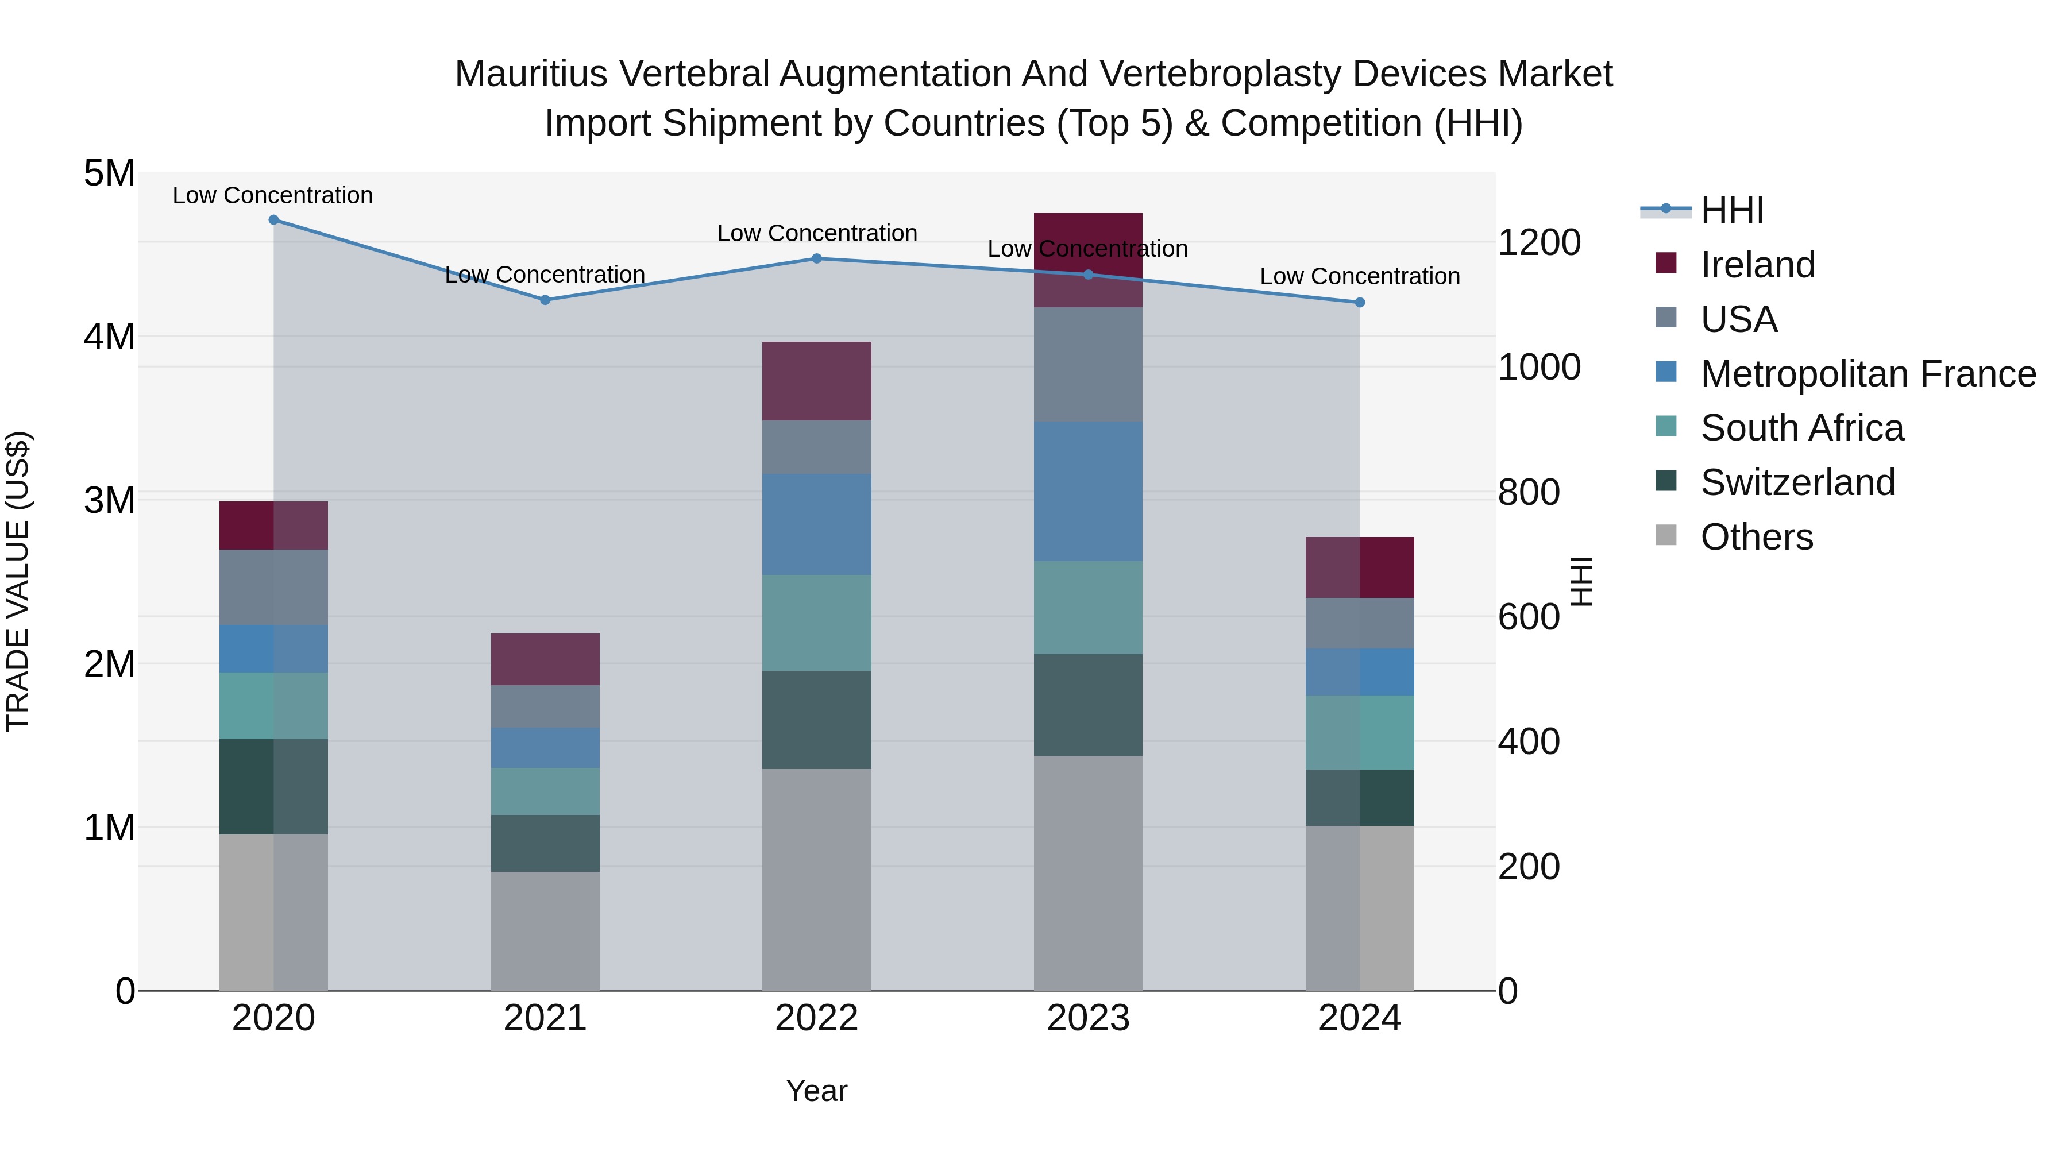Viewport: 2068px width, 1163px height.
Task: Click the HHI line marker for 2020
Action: tap(274, 220)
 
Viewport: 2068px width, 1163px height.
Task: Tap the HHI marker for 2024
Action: tap(1359, 303)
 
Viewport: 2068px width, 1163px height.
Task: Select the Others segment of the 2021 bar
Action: tap(545, 930)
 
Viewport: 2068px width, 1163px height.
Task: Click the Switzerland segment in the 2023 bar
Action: tap(1088, 705)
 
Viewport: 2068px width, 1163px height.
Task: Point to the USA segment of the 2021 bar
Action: tap(545, 706)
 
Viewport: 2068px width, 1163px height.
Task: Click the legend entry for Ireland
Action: tap(1757, 265)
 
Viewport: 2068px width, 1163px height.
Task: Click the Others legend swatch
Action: tap(1666, 535)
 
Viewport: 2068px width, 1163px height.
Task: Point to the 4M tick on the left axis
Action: tap(109, 337)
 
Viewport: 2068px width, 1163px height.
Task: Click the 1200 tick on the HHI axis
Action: tap(1539, 242)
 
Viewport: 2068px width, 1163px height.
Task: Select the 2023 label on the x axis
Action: tap(1088, 1018)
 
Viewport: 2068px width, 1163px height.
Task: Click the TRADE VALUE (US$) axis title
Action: tap(18, 581)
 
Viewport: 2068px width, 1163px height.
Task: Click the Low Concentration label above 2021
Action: tap(545, 275)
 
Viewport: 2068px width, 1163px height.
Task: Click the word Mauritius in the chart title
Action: tap(530, 74)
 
